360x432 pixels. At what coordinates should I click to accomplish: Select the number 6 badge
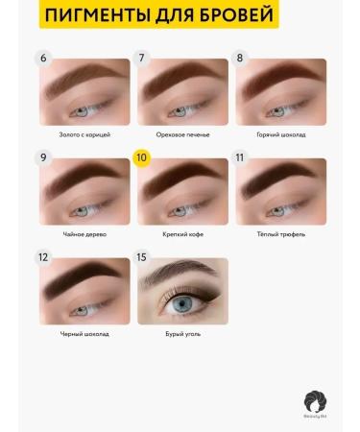click(x=42, y=58)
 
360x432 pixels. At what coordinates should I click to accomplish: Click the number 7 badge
click(x=141, y=58)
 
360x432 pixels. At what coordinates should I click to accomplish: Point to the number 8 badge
click(x=240, y=58)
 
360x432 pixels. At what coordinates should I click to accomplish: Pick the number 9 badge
click(x=42, y=156)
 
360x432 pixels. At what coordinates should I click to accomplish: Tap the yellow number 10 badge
click(x=141, y=156)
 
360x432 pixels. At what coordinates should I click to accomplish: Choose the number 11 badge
click(x=240, y=156)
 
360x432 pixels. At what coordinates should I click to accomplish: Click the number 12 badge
click(x=42, y=256)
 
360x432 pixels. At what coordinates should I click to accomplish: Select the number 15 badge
click(x=141, y=256)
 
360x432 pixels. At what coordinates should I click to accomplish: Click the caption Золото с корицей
click(x=84, y=134)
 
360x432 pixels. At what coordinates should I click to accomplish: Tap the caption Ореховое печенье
click(x=183, y=134)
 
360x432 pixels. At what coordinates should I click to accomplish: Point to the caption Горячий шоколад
click(x=281, y=134)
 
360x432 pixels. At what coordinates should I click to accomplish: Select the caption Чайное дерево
click(x=84, y=234)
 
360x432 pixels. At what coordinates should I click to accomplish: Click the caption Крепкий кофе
click(x=183, y=234)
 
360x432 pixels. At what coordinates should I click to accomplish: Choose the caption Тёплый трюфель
click(x=281, y=234)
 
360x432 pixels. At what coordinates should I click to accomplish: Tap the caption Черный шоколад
click(x=84, y=334)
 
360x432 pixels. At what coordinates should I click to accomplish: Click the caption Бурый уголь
click(x=183, y=334)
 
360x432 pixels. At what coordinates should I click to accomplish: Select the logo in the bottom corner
click(x=316, y=403)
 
